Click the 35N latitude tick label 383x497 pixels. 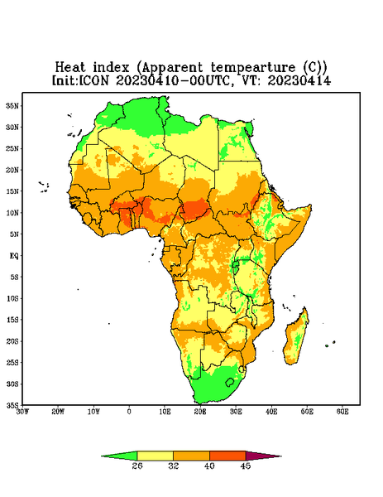[x=12, y=106]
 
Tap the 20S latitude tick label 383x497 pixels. [x=12, y=341]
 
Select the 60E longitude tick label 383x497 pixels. [x=342, y=412]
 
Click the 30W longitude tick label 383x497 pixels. [x=22, y=412]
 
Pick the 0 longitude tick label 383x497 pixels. [x=129, y=412]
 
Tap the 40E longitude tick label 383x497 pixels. [x=271, y=412]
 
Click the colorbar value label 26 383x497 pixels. [x=137, y=466]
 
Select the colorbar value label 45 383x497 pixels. [x=246, y=466]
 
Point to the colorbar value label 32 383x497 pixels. [x=174, y=466]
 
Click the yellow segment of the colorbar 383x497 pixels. [x=155, y=456]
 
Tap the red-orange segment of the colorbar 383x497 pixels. [x=227, y=456]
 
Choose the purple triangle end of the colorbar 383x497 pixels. [x=260, y=456]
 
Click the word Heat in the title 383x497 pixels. [x=70, y=68]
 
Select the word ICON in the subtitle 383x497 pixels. [x=94, y=80]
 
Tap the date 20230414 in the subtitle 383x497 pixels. [x=299, y=80]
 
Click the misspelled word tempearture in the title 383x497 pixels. [x=253, y=68]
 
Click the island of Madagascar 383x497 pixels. [x=296, y=338]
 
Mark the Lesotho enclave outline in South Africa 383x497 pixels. [x=230, y=382]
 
